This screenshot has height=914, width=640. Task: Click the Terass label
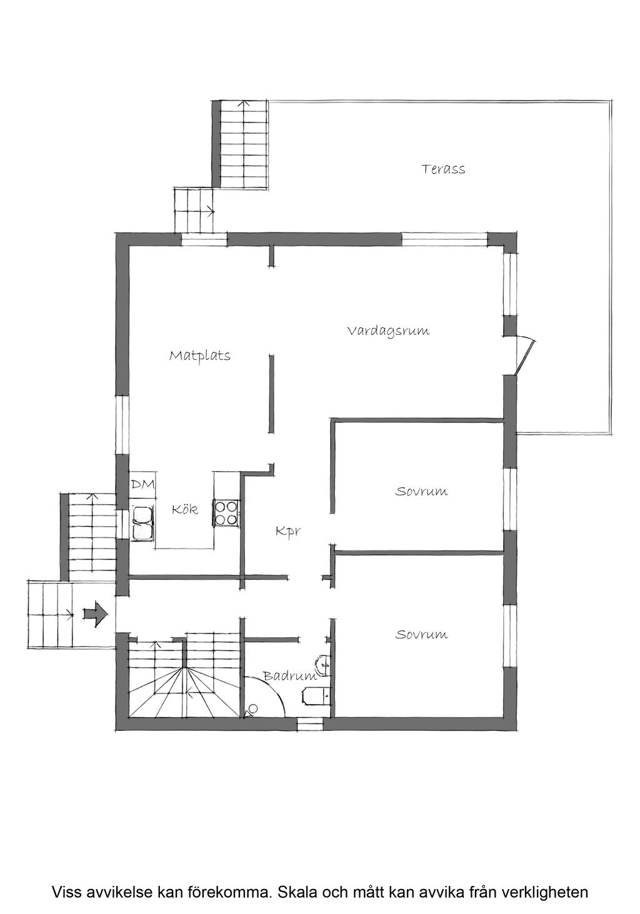click(x=443, y=169)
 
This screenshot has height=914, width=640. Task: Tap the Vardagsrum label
click(x=389, y=330)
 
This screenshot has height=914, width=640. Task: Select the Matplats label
click(x=199, y=356)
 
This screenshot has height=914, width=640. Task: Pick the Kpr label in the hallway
click(x=288, y=532)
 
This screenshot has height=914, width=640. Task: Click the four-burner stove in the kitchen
click(x=226, y=513)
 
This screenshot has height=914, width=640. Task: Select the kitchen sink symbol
click(x=142, y=524)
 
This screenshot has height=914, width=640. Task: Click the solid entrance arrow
click(x=95, y=613)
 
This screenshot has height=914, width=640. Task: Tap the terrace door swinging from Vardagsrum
click(x=525, y=355)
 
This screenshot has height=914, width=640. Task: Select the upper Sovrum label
click(x=421, y=491)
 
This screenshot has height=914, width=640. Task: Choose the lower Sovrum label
click(x=421, y=635)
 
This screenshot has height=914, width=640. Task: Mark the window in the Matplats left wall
click(x=122, y=424)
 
